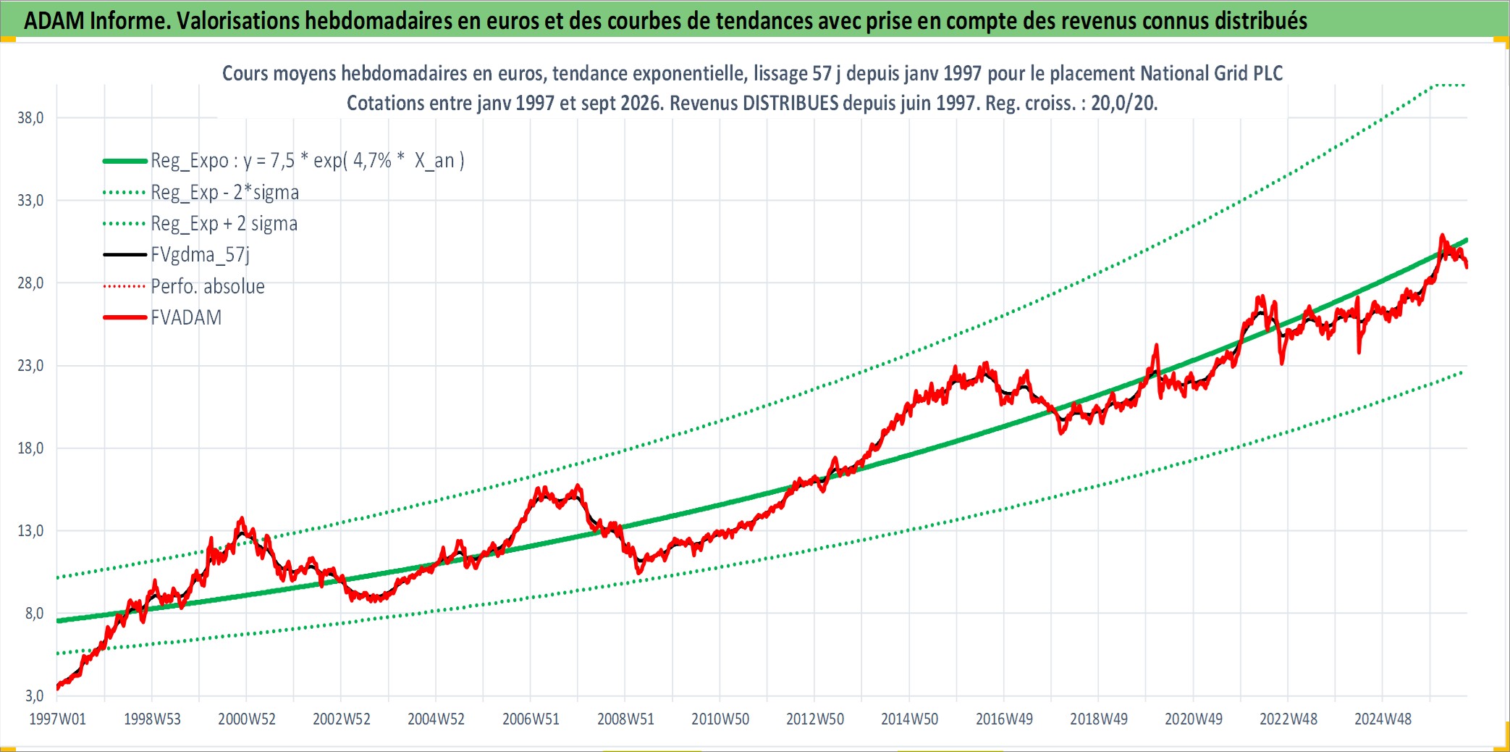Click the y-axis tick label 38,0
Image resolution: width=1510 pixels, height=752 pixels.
[x=30, y=117]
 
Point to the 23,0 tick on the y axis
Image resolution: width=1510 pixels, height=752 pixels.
[x=30, y=365]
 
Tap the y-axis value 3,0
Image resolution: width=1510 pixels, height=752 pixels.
[x=34, y=695]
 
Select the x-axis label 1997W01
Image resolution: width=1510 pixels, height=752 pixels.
[x=57, y=719]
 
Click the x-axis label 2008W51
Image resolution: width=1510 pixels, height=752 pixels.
[x=625, y=719]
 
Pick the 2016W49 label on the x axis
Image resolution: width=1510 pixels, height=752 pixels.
[x=1004, y=719]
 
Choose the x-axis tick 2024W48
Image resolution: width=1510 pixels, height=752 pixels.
[x=1383, y=719]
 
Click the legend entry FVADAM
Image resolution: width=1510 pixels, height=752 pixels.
[x=186, y=317]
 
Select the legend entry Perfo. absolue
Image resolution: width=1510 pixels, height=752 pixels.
[x=208, y=286]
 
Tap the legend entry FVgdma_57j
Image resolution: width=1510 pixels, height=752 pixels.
[x=201, y=255]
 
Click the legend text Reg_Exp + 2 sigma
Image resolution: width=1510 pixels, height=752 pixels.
[x=224, y=224]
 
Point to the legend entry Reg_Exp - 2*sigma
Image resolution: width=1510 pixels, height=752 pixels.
[x=225, y=192]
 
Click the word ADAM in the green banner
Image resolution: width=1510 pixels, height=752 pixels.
[x=54, y=20]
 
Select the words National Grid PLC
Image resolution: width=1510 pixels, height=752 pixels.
[x=1211, y=73]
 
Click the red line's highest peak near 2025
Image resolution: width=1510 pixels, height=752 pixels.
[x=1441, y=235]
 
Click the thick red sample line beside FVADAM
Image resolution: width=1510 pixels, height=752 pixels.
[x=125, y=317]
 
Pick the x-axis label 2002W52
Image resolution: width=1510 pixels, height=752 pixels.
[x=342, y=719]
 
